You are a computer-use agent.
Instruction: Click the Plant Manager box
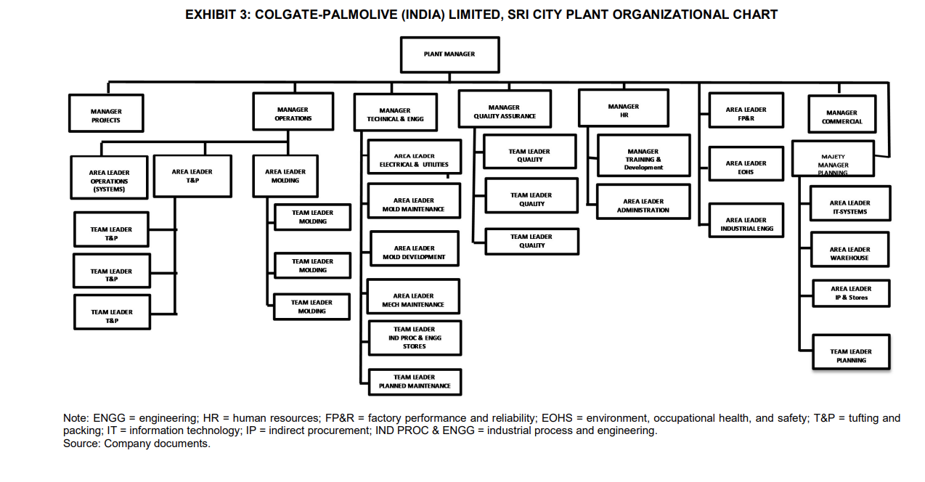pos(449,54)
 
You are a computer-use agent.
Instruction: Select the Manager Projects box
pos(106,113)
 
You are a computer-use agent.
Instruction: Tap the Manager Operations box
pos(293,112)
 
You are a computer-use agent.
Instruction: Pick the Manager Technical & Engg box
pos(395,113)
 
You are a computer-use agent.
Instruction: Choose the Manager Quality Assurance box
pos(505,110)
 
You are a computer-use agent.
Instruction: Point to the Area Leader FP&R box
pos(746,113)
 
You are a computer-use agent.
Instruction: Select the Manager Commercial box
pos(842,116)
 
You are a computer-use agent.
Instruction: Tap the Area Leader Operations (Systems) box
pos(109,179)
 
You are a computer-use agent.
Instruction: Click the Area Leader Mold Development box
pos(414,251)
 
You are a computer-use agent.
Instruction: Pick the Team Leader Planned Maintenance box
pos(415,381)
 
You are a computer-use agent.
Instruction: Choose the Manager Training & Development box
pos(643,158)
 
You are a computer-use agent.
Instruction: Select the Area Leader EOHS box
pos(746,167)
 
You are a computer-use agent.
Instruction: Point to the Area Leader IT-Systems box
pos(849,206)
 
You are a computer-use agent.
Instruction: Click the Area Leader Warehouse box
pos(849,253)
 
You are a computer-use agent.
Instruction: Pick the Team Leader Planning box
pos(851,354)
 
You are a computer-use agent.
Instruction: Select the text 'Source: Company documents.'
pos(136,444)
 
